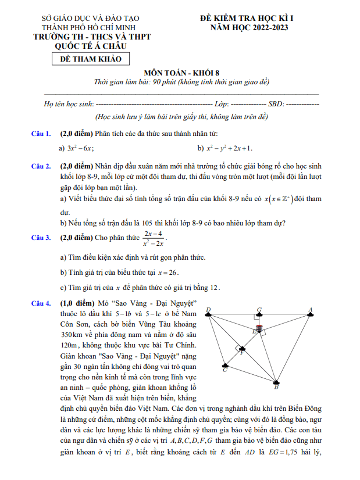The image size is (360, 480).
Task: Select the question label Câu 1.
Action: tap(41, 134)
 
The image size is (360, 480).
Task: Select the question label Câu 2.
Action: tap(41, 166)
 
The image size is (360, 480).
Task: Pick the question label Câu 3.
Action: tap(41, 238)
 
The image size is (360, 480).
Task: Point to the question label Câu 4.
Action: tap(41, 303)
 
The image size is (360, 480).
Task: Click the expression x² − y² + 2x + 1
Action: tap(227, 148)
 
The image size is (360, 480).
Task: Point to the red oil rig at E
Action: tap(259, 328)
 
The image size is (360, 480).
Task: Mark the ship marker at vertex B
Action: tap(277, 382)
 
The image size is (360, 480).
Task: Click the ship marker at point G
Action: tap(259, 314)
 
